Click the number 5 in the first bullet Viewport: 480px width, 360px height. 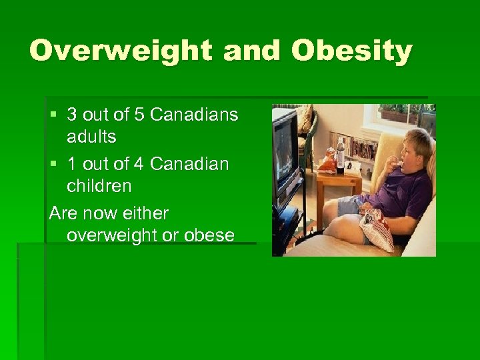[x=139, y=115]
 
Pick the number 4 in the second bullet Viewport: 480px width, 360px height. [x=139, y=164]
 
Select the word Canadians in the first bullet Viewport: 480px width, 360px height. [x=194, y=115]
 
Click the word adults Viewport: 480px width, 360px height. [x=91, y=137]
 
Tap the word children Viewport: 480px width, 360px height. [x=99, y=186]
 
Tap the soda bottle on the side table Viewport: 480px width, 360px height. [x=340, y=155]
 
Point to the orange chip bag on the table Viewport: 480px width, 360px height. [x=327, y=162]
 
